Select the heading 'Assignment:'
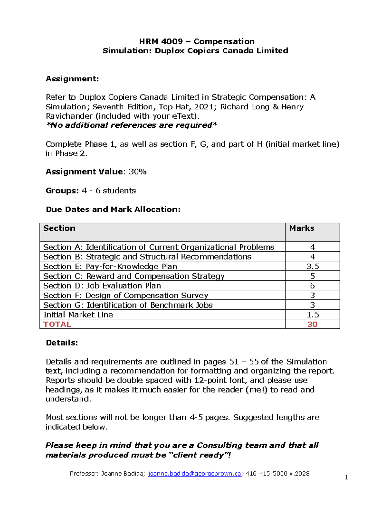(x=72, y=79)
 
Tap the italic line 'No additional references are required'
(x=131, y=125)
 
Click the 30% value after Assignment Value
(x=138, y=172)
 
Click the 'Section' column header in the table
(x=59, y=228)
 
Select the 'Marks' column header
(x=302, y=228)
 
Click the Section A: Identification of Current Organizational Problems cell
(x=159, y=247)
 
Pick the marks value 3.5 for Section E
(x=312, y=267)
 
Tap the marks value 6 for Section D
(x=312, y=286)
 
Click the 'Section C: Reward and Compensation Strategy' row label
(x=134, y=276)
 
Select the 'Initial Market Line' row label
(x=78, y=315)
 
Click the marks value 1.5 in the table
(x=312, y=315)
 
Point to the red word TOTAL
(x=57, y=325)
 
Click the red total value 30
(x=312, y=325)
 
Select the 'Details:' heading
(x=62, y=343)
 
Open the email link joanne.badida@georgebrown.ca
(x=195, y=474)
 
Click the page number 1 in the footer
(x=346, y=478)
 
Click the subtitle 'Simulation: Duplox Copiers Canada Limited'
(x=195, y=51)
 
